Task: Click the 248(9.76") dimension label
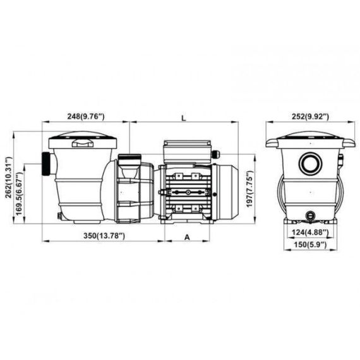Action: [x=86, y=116]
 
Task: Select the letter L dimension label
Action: [x=183, y=117]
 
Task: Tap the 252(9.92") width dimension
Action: [x=310, y=117]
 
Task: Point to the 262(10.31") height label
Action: [x=9, y=177]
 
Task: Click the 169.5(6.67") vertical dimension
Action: [x=20, y=193]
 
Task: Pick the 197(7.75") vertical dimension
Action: [x=249, y=189]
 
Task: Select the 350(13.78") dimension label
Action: [x=104, y=236]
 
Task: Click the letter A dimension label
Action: [x=188, y=237]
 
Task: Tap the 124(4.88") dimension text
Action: [x=310, y=232]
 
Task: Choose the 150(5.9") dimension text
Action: [x=310, y=245]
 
